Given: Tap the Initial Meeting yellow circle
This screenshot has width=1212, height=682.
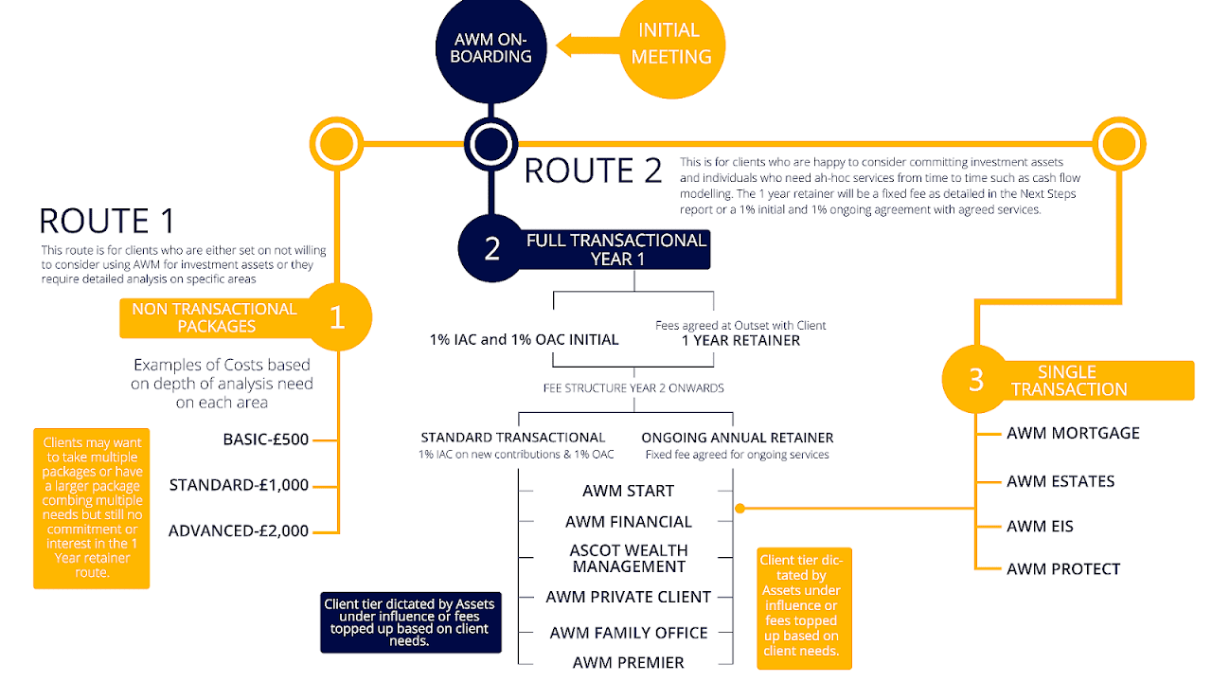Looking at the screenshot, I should [671, 45].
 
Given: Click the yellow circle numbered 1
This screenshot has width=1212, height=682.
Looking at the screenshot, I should [338, 318].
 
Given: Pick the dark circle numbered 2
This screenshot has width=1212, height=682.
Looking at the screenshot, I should [492, 248].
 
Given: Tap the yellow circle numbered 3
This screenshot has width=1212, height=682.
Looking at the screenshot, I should [976, 380].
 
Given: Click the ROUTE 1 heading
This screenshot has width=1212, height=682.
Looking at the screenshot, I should [107, 221].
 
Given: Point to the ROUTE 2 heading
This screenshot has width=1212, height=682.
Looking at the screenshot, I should [593, 170].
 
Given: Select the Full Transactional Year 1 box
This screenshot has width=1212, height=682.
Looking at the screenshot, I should [616, 250].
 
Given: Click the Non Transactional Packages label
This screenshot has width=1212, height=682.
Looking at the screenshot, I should [214, 318].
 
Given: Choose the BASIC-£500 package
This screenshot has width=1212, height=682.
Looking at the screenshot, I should [266, 440].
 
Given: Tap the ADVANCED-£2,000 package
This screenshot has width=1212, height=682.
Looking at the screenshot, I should [239, 531].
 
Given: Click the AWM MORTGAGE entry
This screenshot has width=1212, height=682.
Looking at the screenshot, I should [1073, 434].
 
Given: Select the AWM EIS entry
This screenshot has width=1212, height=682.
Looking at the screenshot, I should [1040, 527].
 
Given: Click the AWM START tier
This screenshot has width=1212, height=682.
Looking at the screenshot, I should [628, 491].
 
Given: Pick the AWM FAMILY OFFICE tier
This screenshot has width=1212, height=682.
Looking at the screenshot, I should [629, 633].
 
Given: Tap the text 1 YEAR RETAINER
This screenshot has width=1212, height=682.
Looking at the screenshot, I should [740, 340].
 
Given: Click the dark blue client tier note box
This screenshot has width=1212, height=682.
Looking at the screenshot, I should [409, 622].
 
